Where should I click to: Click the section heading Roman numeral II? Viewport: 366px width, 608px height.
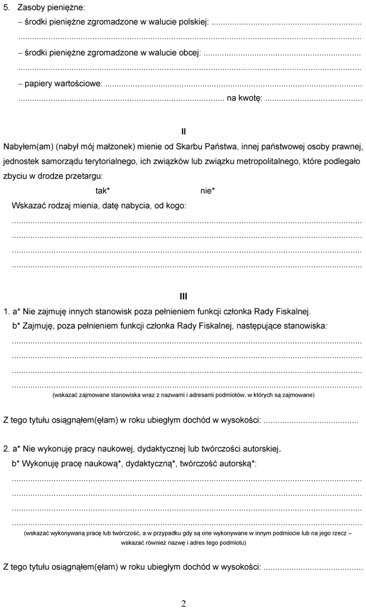[183, 132]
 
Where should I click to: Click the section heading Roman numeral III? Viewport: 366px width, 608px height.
[183, 296]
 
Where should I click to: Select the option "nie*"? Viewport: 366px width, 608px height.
[208, 191]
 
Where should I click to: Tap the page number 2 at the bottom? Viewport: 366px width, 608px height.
[183, 603]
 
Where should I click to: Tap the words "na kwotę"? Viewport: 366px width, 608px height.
[244, 98]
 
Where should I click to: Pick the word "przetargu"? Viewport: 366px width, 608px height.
[84, 176]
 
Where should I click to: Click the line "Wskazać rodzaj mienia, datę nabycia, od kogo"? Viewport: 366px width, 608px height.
[99, 206]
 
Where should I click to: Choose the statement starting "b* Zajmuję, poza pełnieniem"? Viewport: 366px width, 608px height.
[169, 326]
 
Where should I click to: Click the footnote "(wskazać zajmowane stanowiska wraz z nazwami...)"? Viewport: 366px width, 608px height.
[183, 395]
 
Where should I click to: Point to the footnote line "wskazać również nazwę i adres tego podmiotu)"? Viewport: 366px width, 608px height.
[183, 542]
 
